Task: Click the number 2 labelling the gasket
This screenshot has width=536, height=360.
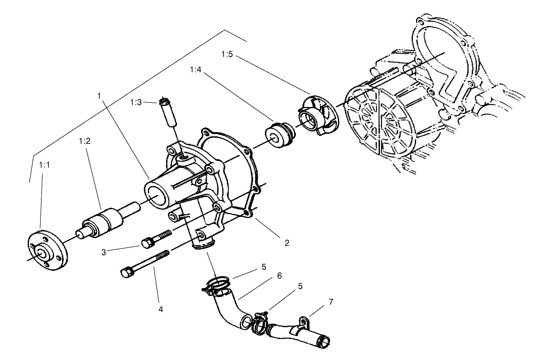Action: tap(287, 242)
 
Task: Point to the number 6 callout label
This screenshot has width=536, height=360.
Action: tap(279, 275)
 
